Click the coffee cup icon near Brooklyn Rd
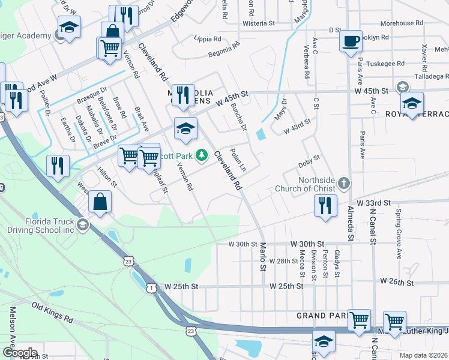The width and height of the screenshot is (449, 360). pos(351,41)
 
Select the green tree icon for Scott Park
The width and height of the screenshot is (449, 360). pos(203,155)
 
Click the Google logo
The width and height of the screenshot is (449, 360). pos(19,353)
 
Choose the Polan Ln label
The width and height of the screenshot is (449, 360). pos(239,158)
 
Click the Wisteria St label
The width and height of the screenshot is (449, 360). pos(258,24)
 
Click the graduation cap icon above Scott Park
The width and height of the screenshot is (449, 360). pos(185,128)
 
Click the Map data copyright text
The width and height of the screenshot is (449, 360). pos(424,355)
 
